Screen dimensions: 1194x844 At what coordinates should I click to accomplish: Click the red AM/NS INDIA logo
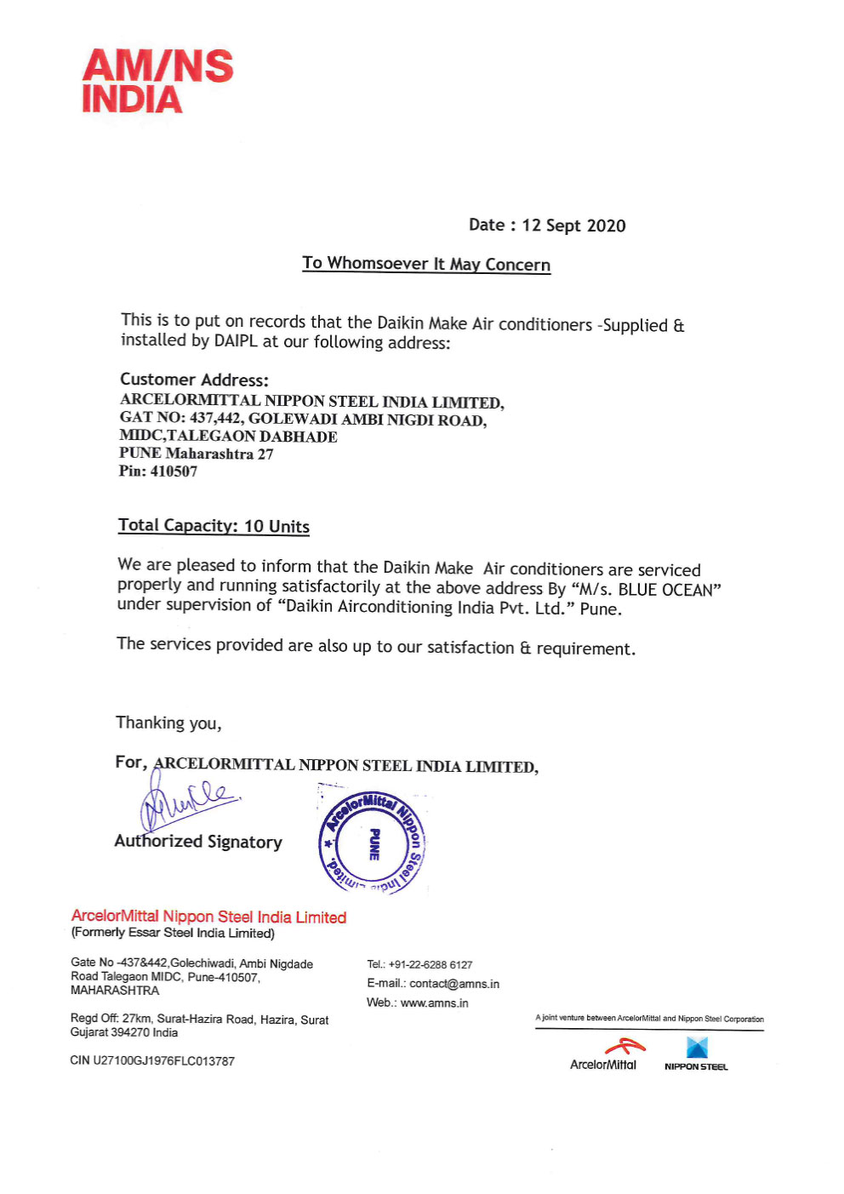pyautogui.click(x=157, y=82)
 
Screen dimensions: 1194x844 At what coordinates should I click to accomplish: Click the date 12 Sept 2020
pyautogui.click(x=573, y=226)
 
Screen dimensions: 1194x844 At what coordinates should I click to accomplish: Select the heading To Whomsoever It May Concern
pyautogui.click(x=426, y=264)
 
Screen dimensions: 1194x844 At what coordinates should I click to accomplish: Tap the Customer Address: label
pyautogui.click(x=194, y=380)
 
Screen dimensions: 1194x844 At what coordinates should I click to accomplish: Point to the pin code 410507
pyautogui.click(x=174, y=471)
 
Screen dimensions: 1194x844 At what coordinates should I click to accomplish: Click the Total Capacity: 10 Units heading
pyautogui.click(x=214, y=526)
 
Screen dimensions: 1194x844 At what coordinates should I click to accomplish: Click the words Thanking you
pyautogui.click(x=168, y=723)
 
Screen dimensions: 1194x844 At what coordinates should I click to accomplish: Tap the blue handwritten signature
pyautogui.click(x=187, y=800)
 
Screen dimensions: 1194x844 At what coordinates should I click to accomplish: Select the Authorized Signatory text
pyautogui.click(x=198, y=842)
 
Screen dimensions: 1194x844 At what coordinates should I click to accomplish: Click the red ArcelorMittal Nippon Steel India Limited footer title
pyautogui.click(x=208, y=917)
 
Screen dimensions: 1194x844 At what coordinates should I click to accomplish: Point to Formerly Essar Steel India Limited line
pyautogui.click(x=173, y=933)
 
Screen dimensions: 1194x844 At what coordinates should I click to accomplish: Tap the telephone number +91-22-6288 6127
pyautogui.click(x=431, y=965)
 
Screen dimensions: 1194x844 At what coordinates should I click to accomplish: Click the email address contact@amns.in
pyautogui.click(x=454, y=984)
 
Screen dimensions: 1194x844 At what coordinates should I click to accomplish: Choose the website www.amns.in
pyautogui.click(x=434, y=1003)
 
